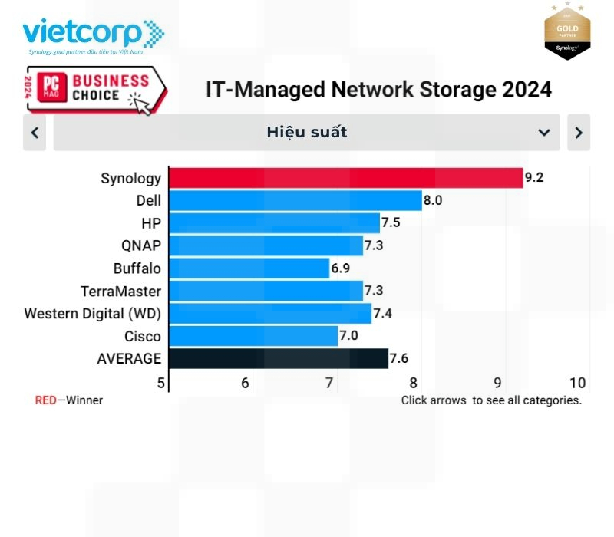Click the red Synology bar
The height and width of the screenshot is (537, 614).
[x=345, y=178]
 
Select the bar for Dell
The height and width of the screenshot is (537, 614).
[x=295, y=201]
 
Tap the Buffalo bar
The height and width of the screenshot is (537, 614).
[x=249, y=268]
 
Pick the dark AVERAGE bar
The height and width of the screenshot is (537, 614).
[x=278, y=358]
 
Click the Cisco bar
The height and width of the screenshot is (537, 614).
[x=253, y=336]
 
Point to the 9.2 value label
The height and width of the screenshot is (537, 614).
[x=534, y=178]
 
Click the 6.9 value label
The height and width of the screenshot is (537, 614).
[x=341, y=268]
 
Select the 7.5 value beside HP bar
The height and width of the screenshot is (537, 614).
[x=391, y=223]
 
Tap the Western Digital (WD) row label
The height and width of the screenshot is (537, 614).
[x=93, y=314]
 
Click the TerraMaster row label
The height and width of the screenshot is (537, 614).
[x=120, y=292]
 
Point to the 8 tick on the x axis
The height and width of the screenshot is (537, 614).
[x=413, y=383]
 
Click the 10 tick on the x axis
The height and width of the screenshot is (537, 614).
[x=578, y=383]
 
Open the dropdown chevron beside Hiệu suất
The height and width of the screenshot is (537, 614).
[x=544, y=132]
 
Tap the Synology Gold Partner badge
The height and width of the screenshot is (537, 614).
[x=566, y=32]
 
